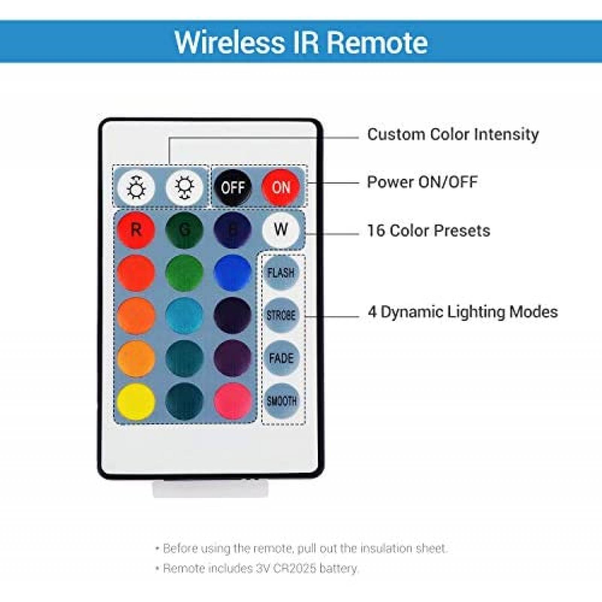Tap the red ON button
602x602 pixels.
[281, 187]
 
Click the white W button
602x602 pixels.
[281, 229]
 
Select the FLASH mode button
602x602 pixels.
[281, 272]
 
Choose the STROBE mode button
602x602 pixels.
[281, 315]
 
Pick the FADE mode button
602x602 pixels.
[281, 358]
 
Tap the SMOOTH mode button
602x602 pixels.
[281, 401]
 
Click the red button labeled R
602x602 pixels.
[136, 230]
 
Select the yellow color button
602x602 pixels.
[136, 401]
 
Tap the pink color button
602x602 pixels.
[233, 401]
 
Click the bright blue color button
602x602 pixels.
[233, 272]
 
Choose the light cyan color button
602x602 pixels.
[184, 315]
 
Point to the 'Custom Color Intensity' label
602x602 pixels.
[453, 134]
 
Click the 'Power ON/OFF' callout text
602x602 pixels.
[422, 182]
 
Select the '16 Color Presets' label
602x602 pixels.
[429, 231]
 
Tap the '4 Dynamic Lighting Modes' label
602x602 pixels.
[463, 312]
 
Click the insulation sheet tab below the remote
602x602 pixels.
[211, 488]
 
